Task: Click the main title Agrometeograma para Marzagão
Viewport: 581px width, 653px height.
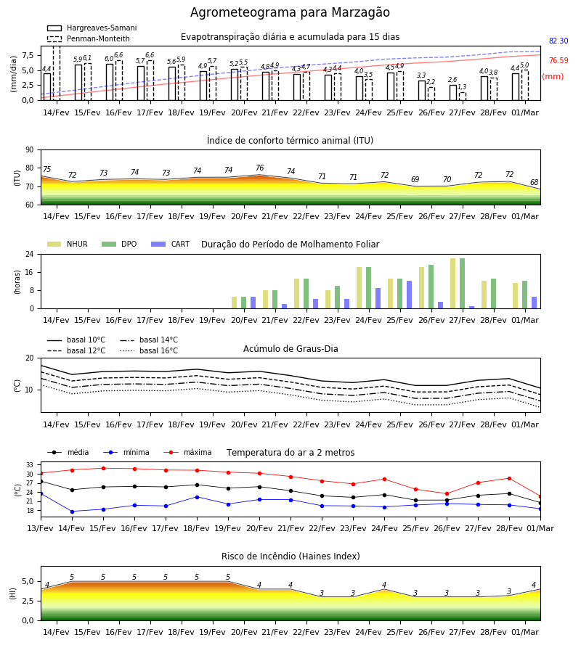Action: pyautogui.click(x=290, y=12)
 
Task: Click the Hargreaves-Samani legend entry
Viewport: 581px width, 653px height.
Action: pyautogui.click(x=92, y=28)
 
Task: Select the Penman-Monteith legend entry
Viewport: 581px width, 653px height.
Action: pyautogui.click(x=89, y=38)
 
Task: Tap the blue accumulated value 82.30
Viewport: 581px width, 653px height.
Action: pyautogui.click(x=558, y=41)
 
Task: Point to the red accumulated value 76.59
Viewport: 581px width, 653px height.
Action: pyautogui.click(x=558, y=60)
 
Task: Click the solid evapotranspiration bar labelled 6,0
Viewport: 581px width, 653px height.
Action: pyautogui.click(x=110, y=82)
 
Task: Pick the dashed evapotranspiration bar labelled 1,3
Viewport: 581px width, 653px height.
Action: pyautogui.click(x=463, y=96)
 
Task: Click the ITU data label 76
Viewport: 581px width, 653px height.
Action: pyautogui.click(x=260, y=168)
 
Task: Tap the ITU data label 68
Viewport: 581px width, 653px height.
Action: pyautogui.click(x=534, y=182)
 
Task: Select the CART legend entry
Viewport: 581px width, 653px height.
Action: pyautogui.click(x=171, y=244)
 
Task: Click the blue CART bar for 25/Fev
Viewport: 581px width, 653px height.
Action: pyautogui.click(x=410, y=295)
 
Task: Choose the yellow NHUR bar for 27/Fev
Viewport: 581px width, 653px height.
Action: pyautogui.click(x=453, y=284)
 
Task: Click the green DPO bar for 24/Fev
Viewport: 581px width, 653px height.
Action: pyautogui.click(x=368, y=288)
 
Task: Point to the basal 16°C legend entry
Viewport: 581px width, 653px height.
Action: pyautogui.click(x=149, y=350)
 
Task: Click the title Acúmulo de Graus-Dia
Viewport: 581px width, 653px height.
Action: pyautogui.click(x=290, y=349)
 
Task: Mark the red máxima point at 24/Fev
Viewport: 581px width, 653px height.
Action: pyautogui.click(x=385, y=480)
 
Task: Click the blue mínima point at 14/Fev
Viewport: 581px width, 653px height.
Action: pyautogui.click(x=72, y=512)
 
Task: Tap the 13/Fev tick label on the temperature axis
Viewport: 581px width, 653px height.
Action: pyautogui.click(x=41, y=528)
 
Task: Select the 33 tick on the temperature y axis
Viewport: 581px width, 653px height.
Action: pyautogui.click(x=30, y=465)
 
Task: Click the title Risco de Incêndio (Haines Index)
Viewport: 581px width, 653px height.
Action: pyautogui.click(x=290, y=557)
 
